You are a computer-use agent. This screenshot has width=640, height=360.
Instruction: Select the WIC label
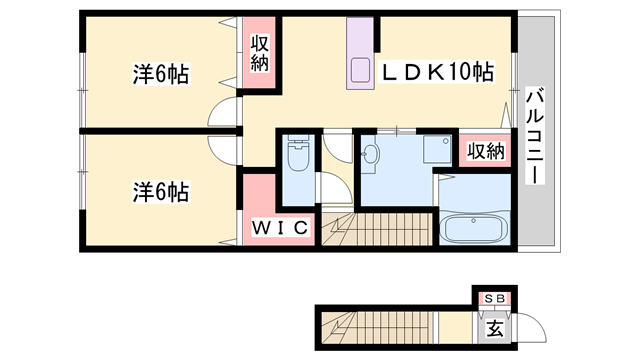coord(277,227)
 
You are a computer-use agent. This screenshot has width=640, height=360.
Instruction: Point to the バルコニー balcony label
coord(534,135)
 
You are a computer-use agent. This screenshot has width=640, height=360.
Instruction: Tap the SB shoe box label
coord(494,298)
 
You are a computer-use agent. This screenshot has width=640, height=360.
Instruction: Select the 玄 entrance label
coord(494,326)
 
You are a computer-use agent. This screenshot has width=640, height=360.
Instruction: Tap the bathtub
coord(474,230)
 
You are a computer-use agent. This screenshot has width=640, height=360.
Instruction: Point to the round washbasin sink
coord(371,155)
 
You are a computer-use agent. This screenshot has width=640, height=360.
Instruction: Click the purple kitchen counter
coord(359,56)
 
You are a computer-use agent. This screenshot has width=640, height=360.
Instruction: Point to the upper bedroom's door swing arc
coord(224,114)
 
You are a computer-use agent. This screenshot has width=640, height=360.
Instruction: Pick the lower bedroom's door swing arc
coord(226,146)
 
